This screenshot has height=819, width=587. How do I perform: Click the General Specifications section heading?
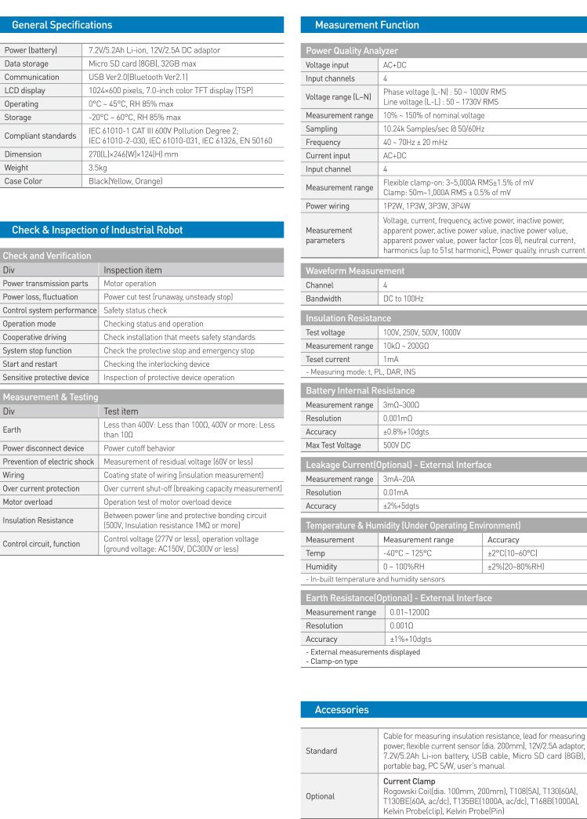62,25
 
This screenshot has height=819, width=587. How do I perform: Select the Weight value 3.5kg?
98,168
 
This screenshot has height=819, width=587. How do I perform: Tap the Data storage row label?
26,63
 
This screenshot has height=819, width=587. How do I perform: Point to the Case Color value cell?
125,181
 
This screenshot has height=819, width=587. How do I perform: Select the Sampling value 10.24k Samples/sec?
433,129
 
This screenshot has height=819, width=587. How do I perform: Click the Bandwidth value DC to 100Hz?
403,299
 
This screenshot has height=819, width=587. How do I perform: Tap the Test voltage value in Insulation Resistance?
422,332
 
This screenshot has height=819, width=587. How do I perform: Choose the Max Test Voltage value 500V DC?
397,445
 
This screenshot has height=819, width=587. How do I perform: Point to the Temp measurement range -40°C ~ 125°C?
407,553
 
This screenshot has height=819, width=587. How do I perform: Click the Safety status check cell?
136,310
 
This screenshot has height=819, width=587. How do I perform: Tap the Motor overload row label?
28,502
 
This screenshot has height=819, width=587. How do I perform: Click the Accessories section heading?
341,710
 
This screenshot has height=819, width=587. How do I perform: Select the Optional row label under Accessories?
320,796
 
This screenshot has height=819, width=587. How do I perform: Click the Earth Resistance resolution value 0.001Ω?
405,625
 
